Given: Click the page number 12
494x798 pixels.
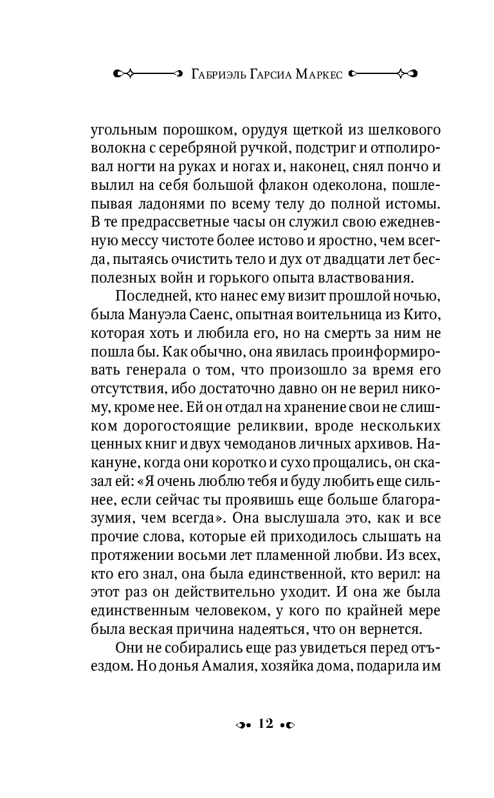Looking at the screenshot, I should click(266, 723).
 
